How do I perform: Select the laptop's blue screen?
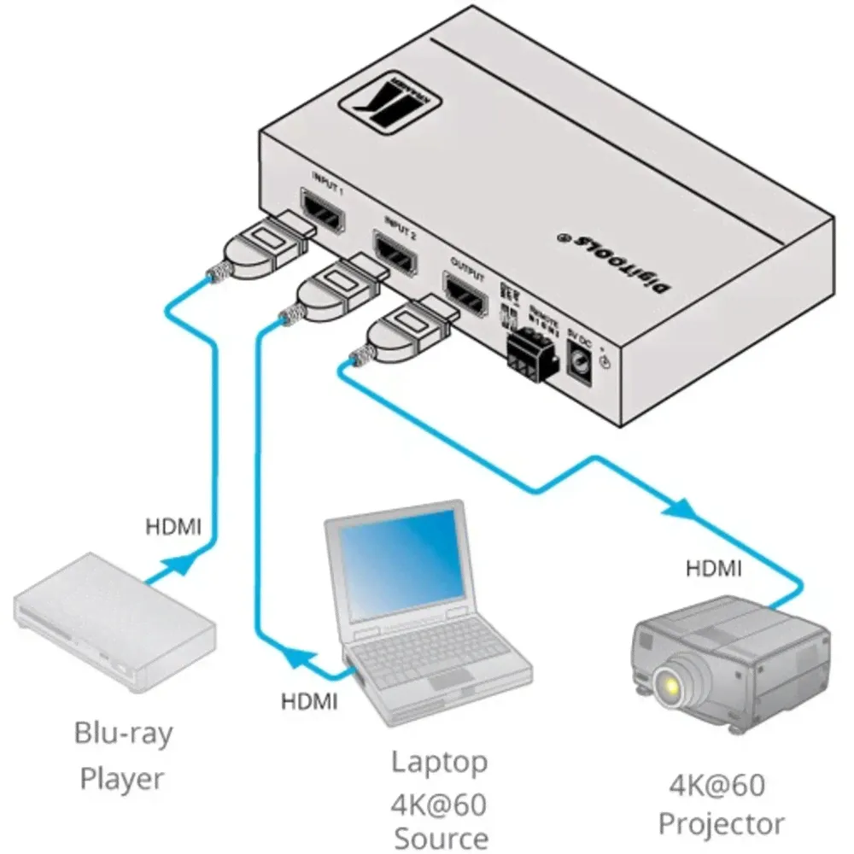pos(399,564)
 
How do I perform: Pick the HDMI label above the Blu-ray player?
pos(173,527)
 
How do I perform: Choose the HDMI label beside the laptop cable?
pos(309,702)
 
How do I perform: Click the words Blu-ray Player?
pos(122,755)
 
